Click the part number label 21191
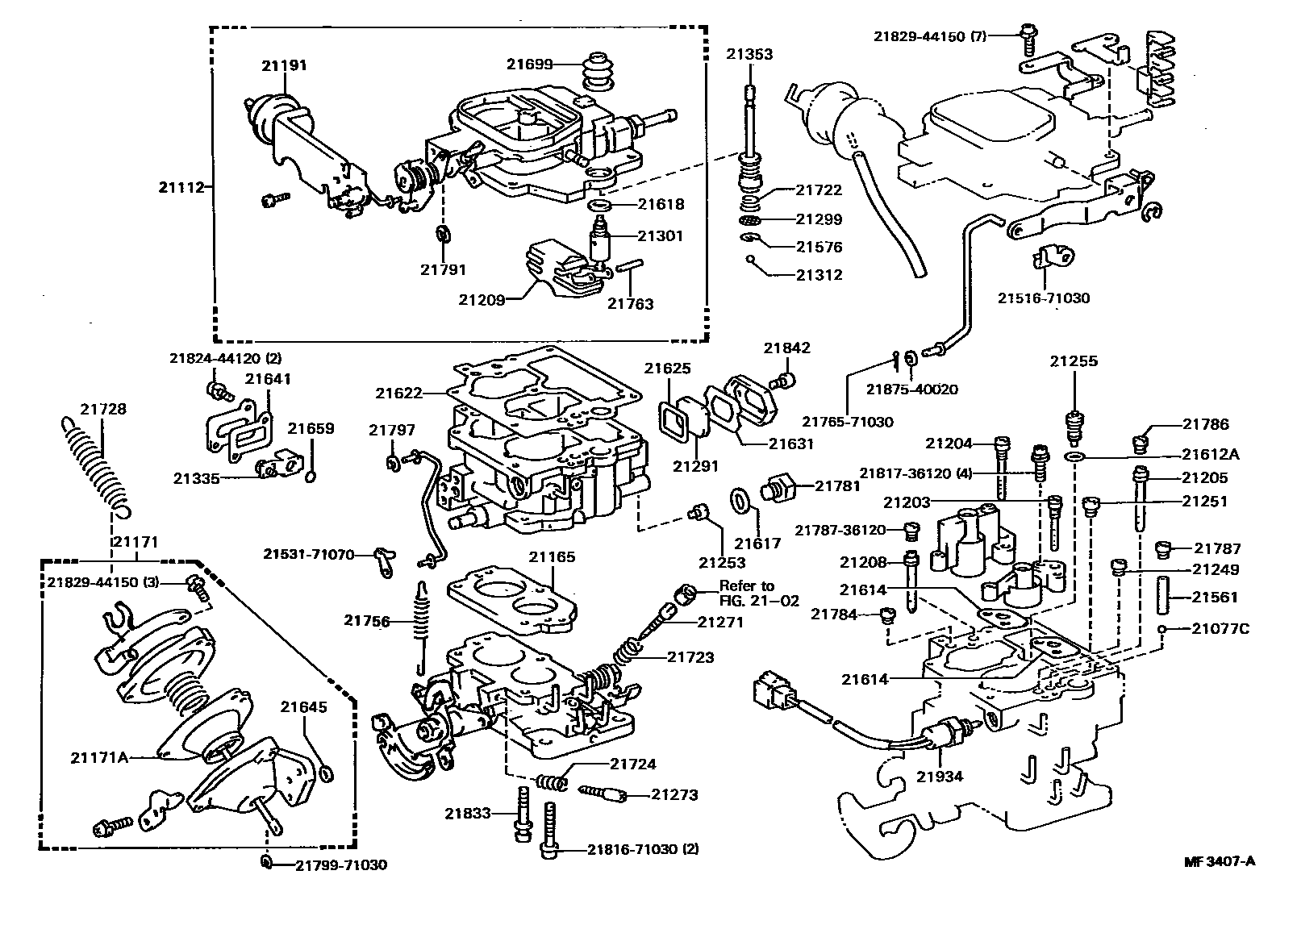click(x=284, y=65)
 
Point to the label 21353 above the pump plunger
click(x=749, y=54)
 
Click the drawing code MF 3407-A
click(x=1220, y=860)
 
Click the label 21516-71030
click(x=1043, y=298)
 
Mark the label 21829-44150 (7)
click(x=941, y=35)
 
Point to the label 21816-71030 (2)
click(x=643, y=849)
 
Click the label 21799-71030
click(x=340, y=864)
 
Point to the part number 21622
click(x=398, y=393)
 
